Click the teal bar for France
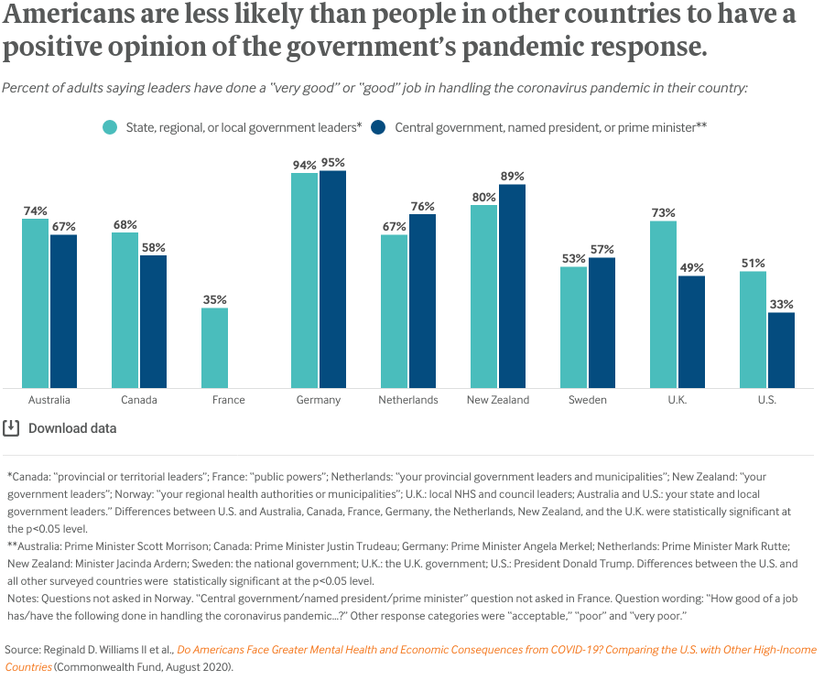point(214,348)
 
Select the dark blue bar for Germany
point(333,279)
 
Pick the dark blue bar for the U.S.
point(781,351)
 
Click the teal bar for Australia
point(35,303)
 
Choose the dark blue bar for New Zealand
point(513,286)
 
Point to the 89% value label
point(513,176)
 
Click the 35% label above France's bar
point(214,299)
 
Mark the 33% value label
point(781,304)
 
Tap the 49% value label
point(691,267)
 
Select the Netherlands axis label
point(408,400)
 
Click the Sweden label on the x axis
point(587,400)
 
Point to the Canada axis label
point(139,400)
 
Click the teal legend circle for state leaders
point(109,127)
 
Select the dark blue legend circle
point(378,127)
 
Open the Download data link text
point(72,428)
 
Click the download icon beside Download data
point(11,427)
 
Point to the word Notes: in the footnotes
point(25,598)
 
